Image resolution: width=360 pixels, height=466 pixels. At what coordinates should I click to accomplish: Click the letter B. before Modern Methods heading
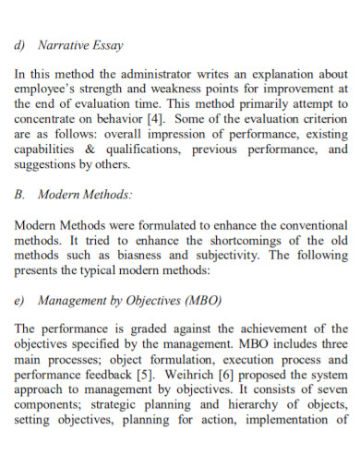coord(22,196)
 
